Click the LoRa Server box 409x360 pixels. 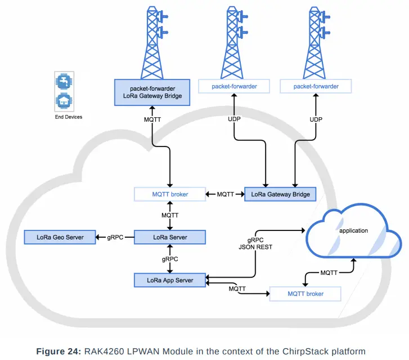click(x=170, y=237)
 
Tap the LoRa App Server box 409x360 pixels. click(x=170, y=280)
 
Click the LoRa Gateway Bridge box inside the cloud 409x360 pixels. click(x=280, y=194)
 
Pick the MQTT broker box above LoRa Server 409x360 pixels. click(x=170, y=194)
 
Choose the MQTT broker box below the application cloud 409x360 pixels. click(x=305, y=294)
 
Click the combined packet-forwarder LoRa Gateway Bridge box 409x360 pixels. click(x=152, y=92)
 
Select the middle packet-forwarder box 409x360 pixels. click(x=234, y=86)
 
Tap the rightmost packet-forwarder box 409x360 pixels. click(x=316, y=86)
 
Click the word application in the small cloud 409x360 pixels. click(x=353, y=230)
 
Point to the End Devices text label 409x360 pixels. click(x=68, y=117)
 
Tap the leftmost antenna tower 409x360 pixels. click(x=152, y=42)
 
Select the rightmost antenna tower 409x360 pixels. click(x=316, y=42)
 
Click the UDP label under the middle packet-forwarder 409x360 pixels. click(x=234, y=119)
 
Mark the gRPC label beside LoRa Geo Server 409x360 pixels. click(x=116, y=237)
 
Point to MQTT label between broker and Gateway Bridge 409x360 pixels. click(x=225, y=194)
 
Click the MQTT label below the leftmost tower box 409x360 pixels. click(x=152, y=119)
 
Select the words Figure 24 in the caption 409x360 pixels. click(x=59, y=351)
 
